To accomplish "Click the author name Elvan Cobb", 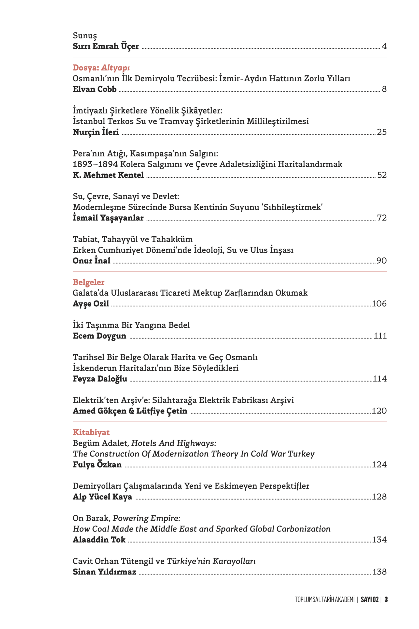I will (95, 89).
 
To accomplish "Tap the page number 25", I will (382, 132).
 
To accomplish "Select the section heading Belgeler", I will (88, 282).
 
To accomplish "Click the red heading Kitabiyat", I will (91, 432).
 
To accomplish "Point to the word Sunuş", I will (85, 35).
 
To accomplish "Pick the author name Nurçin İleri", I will (96, 132).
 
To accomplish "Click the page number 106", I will (379, 304).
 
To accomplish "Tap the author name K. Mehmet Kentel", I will (108, 175).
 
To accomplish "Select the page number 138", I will (379, 572).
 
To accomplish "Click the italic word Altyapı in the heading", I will (115, 68).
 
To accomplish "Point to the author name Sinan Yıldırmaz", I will (104, 572).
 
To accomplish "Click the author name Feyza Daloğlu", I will (100, 379).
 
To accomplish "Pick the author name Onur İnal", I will (91, 261).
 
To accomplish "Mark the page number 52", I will (382, 175).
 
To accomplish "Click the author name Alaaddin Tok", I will (99, 540).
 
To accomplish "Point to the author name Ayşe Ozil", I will (91, 304).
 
